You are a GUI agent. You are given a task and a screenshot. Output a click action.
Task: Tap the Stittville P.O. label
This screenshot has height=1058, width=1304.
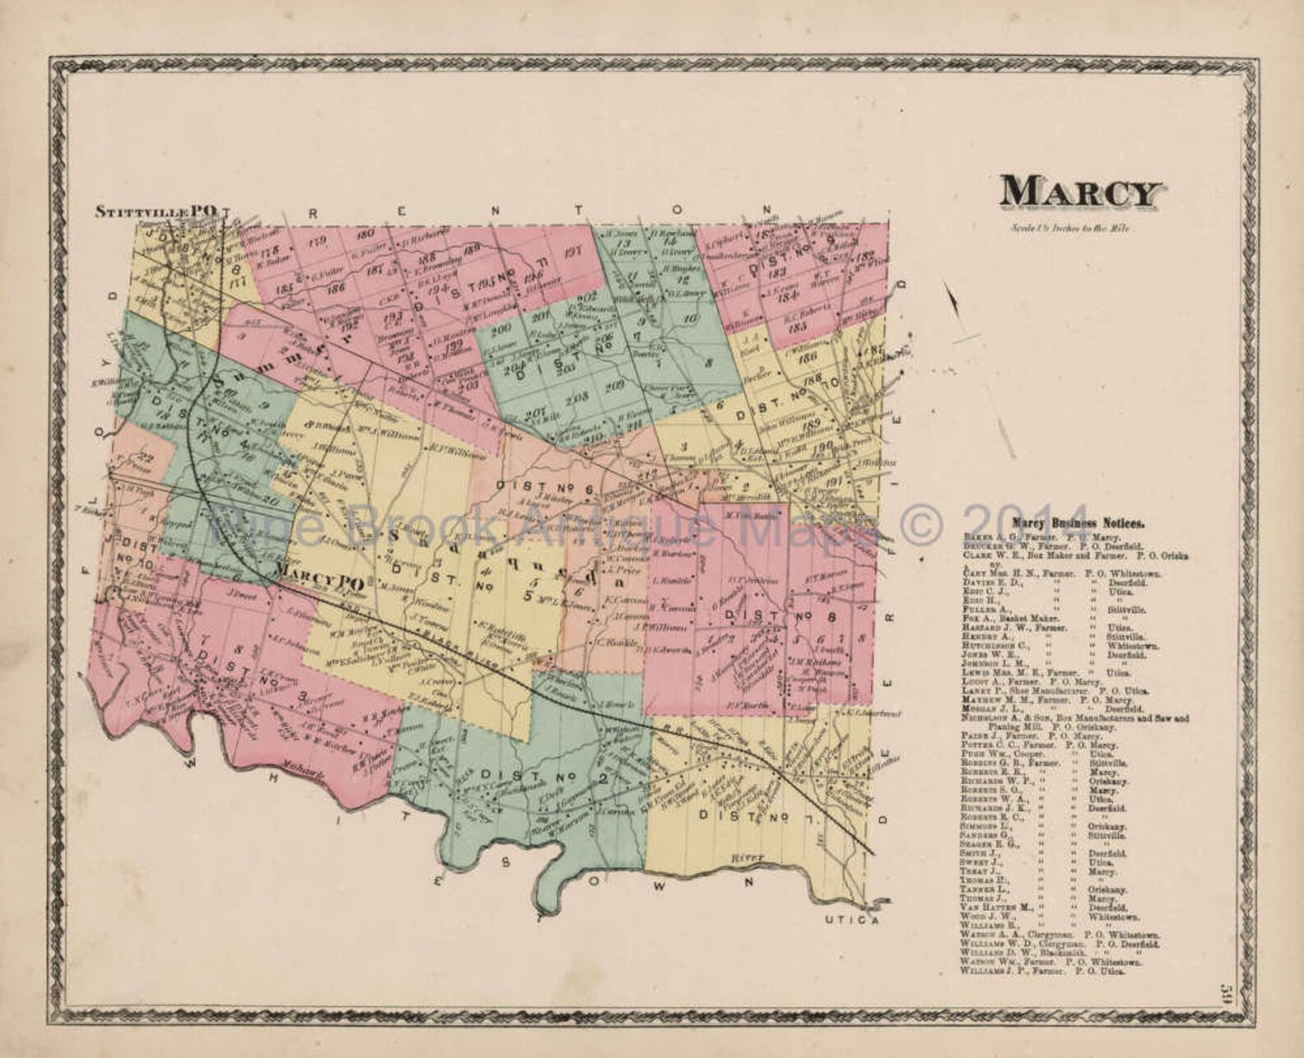157,211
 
